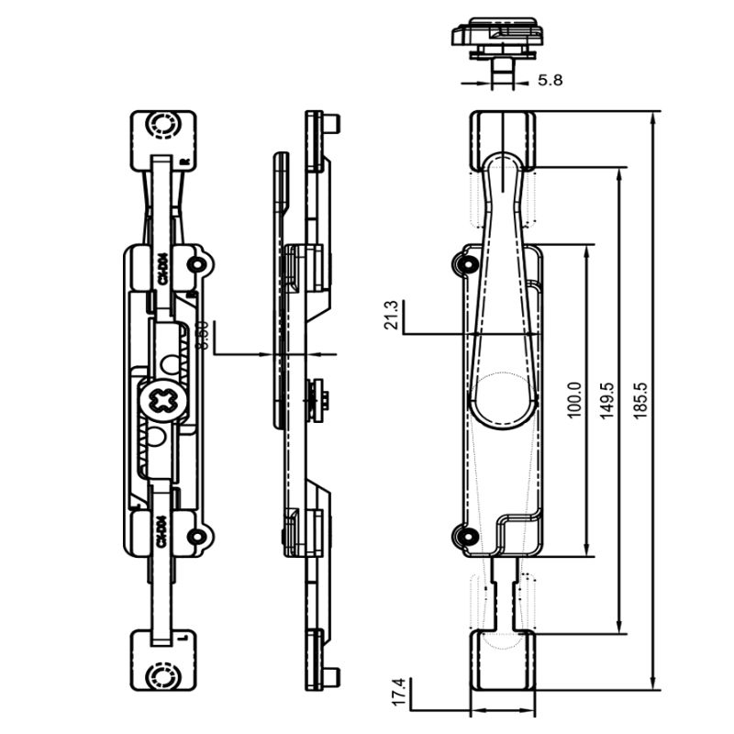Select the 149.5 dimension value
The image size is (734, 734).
[x=606, y=400]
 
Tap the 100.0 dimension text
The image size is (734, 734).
[x=574, y=400]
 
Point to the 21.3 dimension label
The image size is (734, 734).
[x=393, y=315]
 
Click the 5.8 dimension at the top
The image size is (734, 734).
[x=550, y=81]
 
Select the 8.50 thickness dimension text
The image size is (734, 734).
[x=204, y=335]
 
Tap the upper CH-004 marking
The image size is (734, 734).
[x=161, y=269]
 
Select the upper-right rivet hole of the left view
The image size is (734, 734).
[x=195, y=264]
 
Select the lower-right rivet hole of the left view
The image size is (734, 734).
[x=195, y=537]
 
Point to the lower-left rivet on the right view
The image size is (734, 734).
[x=462, y=537]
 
